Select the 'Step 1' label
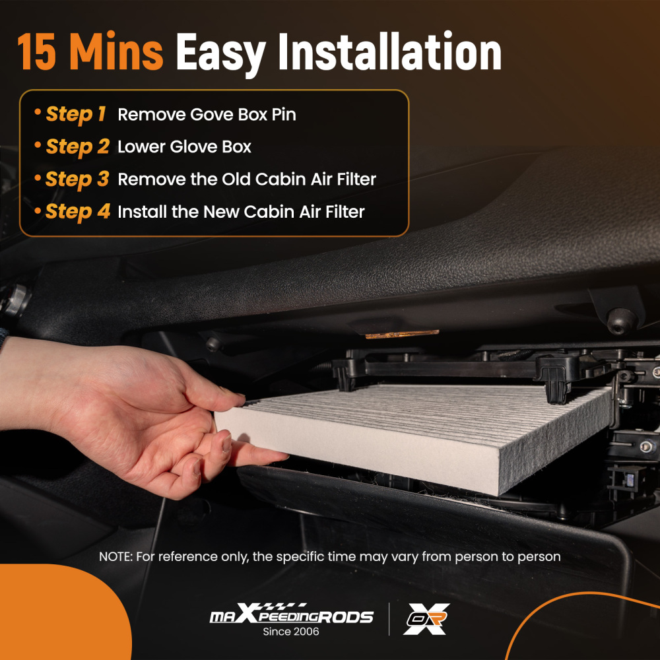click(x=75, y=114)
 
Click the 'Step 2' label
click(x=77, y=147)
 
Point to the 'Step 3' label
click(x=77, y=179)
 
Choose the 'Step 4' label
click(x=77, y=211)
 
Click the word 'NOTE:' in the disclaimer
click(x=115, y=556)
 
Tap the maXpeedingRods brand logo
click(x=291, y=616)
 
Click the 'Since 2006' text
click(x=291, y=632)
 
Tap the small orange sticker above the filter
click(x=402, y=335)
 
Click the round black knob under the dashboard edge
click(x=622, y=321)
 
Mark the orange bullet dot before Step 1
click(x=37, y=113)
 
